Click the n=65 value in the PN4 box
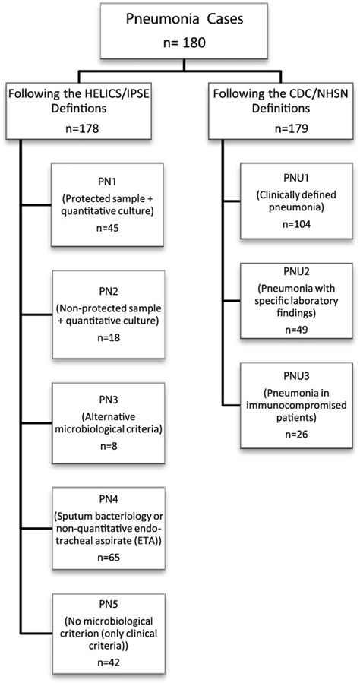108,556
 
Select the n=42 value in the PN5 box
108,661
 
